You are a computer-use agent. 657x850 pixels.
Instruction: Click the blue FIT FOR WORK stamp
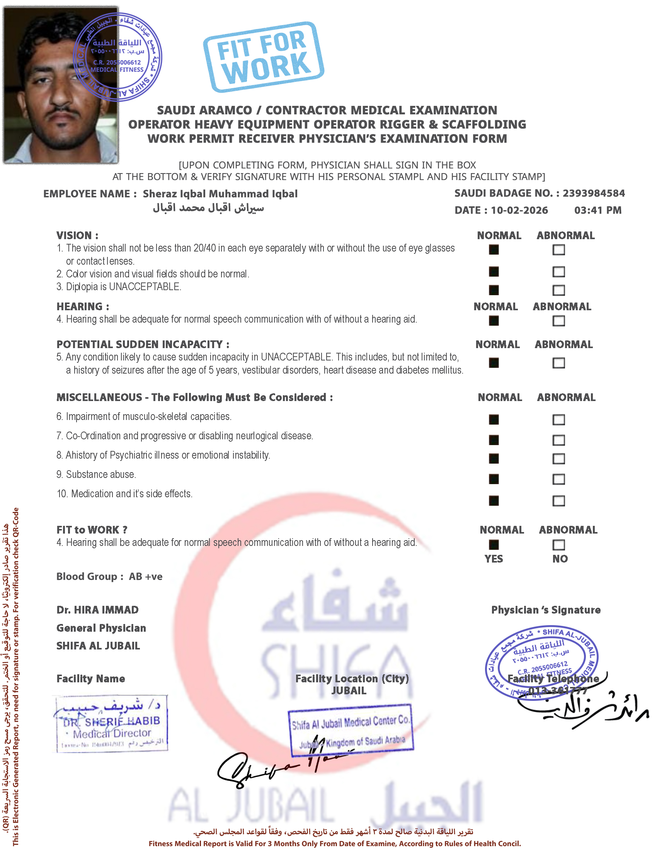click(264, 57)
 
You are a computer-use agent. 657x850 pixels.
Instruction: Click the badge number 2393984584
click(594, 193)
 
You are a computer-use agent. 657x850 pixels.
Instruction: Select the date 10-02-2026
click(519, 210)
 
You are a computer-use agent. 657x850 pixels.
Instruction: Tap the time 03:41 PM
click(597, 210)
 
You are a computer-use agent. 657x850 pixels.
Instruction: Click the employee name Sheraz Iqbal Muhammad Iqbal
click(220, 194)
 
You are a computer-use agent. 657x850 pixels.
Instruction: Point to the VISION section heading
click(77, 235)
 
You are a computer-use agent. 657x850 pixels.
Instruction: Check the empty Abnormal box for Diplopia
click(558, 290)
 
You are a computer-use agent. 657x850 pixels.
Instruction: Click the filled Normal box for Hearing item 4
click(494, 321)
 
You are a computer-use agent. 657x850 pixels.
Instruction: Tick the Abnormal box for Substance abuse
click(558, 479)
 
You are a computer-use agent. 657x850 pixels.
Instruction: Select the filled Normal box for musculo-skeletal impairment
click(494, 420)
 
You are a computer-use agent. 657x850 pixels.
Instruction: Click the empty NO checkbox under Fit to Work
click(558, 544)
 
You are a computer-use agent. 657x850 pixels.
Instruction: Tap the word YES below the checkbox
click(494, 559)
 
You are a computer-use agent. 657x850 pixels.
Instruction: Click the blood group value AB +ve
click(146, 576)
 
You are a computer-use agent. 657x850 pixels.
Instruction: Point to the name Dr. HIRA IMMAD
click(97, 610)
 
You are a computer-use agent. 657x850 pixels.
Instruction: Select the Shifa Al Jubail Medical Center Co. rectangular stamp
click(350, 730)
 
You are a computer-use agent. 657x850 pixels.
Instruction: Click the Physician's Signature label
click(546, 610)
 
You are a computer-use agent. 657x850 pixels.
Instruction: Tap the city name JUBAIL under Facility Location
click(349, 691)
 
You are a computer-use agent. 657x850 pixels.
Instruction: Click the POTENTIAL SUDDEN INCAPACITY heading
click(143, 344)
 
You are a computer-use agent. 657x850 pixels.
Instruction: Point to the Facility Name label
click(91, 679)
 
